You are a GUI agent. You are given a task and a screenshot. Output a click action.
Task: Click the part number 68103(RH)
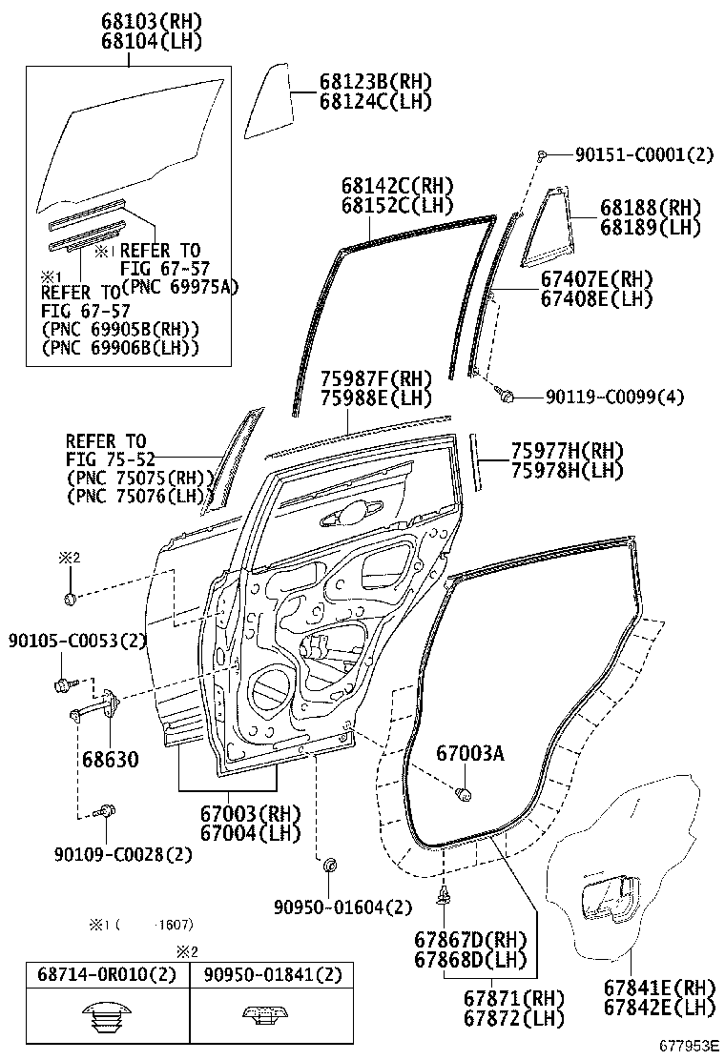tap(128, 20)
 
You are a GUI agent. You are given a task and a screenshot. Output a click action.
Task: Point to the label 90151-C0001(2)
tap(644, 154)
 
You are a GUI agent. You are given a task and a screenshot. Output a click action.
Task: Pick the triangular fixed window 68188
tap(548, 229)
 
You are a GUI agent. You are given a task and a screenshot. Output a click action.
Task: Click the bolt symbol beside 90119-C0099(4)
tap(508, 394)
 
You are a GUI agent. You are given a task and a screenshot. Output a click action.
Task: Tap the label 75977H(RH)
tap(567, 450)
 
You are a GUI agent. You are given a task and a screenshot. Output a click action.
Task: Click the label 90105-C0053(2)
tap(77, 640)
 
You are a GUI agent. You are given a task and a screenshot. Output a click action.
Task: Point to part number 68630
tap(109, 760)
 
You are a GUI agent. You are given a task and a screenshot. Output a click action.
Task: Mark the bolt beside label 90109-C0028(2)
tap(104, 813)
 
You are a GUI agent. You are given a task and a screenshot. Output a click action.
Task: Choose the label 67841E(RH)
tap(660, 988)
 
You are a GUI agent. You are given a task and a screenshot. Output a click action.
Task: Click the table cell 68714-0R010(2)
tap(107, 975)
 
